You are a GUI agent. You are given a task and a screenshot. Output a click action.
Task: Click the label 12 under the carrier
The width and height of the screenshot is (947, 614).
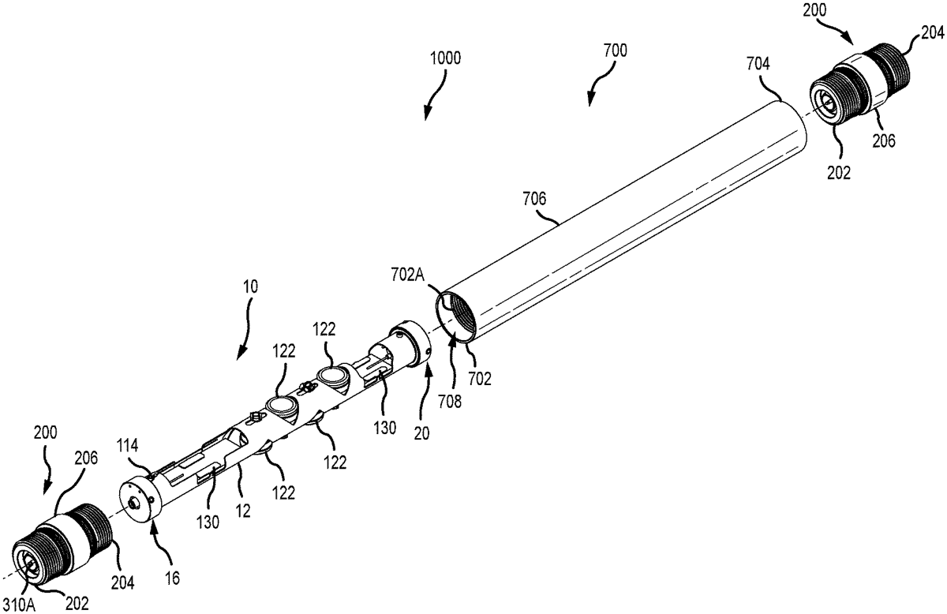pyautogui.click(x=242, y=511)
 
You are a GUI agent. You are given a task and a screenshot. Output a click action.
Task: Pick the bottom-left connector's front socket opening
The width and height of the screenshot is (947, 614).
pyautogui.click(x=30, y=563)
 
